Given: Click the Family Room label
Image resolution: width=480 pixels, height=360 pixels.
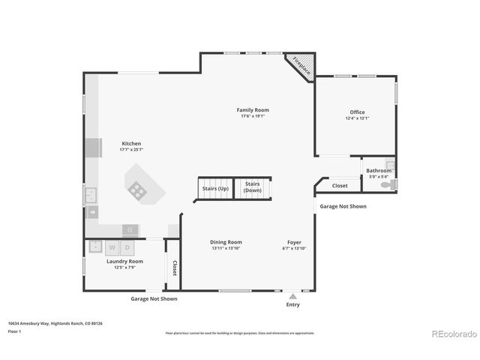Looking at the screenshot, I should coord(253,110).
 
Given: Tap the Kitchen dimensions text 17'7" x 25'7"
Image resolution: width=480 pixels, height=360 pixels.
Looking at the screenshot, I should coord(131,150).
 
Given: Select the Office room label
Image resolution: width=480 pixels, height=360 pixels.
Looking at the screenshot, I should coord(357,112).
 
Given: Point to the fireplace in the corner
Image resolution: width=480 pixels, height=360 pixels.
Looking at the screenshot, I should coord(301,65).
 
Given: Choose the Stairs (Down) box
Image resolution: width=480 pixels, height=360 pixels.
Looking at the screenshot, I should coord(253,187).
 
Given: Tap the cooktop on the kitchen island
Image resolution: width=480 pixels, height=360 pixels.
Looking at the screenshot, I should coord(138,190).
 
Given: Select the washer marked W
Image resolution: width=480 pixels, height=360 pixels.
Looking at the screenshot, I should coord(112,247).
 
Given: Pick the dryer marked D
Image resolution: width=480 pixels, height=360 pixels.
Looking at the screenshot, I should coord(127,247).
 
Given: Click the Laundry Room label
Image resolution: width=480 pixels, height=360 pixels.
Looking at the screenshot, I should coord(124,261).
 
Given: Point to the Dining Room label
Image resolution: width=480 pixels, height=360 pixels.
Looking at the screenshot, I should coord(226,242).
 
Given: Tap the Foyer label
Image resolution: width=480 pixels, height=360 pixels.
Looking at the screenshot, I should coord(295,242).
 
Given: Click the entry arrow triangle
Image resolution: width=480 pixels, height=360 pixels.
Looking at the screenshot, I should coord(292,296).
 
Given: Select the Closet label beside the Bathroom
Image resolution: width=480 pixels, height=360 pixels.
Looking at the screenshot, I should coord(340,185).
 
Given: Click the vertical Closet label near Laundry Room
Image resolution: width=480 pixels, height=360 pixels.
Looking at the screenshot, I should coord(174,268).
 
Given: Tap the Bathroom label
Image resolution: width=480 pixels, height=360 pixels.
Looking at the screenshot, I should coord(379,170).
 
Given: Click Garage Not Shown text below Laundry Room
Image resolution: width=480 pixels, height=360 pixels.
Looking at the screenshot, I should coord(154,298).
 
